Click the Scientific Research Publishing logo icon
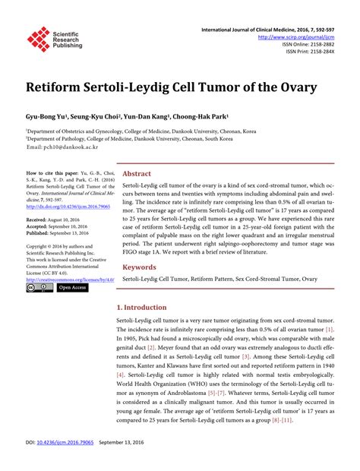point(38,39)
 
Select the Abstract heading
point(137,174)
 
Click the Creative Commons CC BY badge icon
point(39,288)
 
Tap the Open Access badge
point(72,288)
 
